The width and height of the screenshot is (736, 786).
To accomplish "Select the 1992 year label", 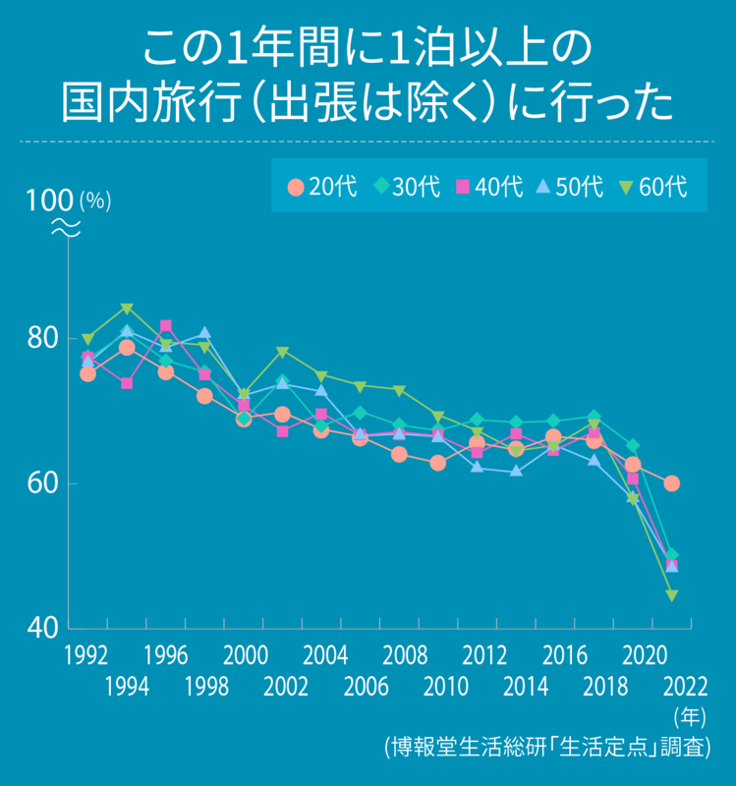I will [x=87, y=655].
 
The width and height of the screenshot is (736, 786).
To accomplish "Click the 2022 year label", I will [x=685, y=685].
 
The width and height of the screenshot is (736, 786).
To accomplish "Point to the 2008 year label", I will [x=400, y=655].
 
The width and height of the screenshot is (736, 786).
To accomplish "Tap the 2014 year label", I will [x=518, y=685].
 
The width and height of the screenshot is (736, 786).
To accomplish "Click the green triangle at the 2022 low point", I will [x=672, y=595].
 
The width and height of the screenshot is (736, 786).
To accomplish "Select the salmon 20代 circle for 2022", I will [x=672, y=483].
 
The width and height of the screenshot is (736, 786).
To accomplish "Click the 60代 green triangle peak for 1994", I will [x=127, y=309].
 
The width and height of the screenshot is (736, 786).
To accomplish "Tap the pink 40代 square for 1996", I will [x=166, y=326].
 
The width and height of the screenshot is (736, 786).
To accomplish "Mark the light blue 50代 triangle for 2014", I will [x=516, y=472].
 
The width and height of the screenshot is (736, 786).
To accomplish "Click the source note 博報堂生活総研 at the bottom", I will [x=546, y=747].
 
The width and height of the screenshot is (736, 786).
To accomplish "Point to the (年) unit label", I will [x=690, y=715].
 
